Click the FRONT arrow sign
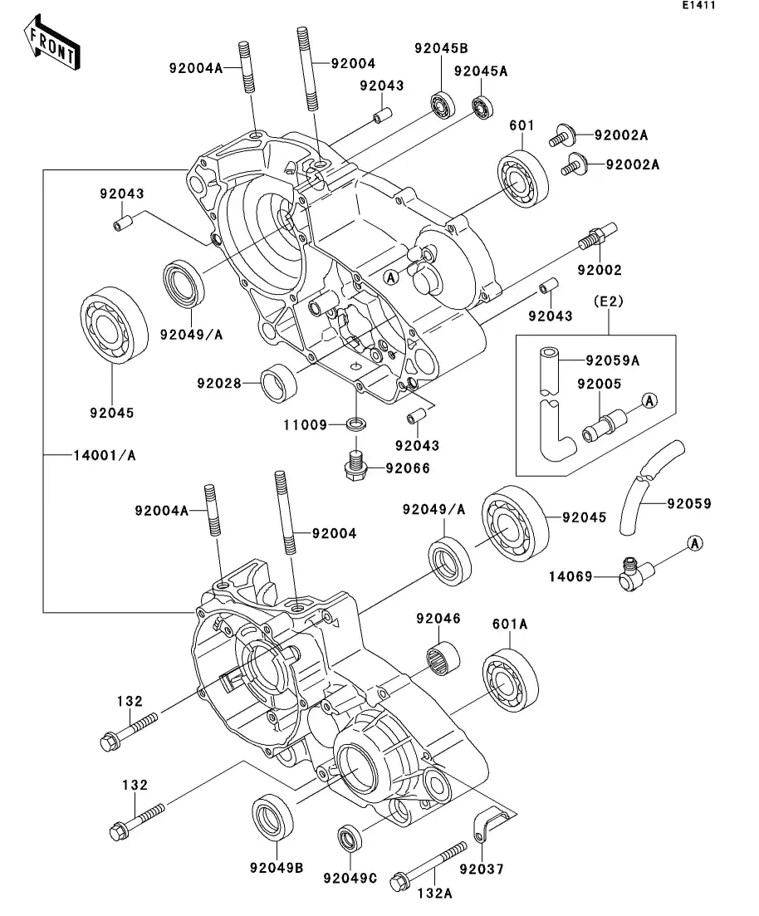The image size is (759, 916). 52,47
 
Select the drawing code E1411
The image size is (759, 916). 698,6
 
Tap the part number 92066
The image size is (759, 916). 407,468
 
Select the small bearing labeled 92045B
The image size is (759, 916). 441,106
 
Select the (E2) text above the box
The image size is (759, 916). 606,301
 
